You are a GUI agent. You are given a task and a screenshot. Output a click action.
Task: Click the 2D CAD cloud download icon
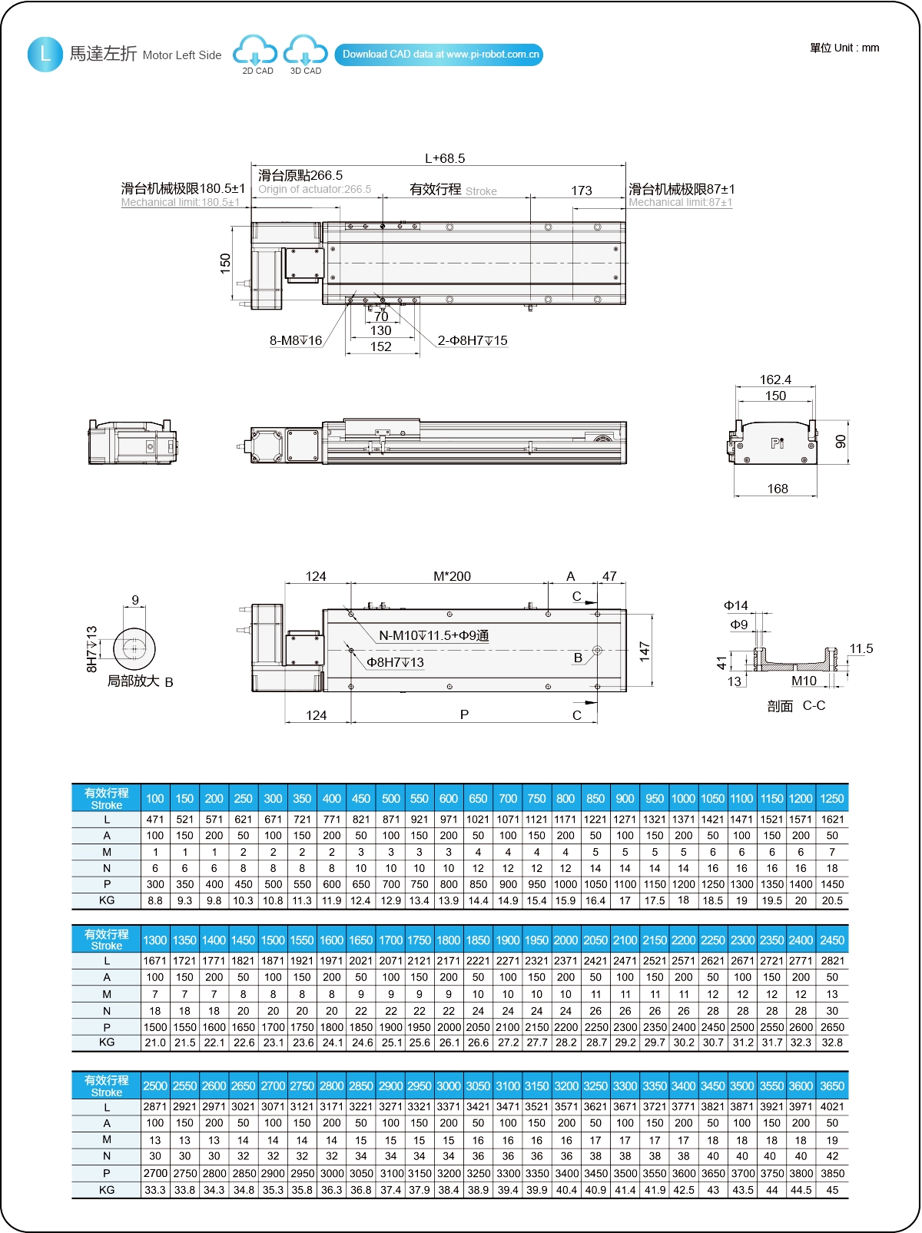pyautogui.click(x=255, y=51)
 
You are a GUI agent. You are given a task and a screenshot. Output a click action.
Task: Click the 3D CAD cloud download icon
pyautogui.click(x=305, y=51)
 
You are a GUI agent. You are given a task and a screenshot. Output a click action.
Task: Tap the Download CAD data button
pyautogui.click(x=439, y=55)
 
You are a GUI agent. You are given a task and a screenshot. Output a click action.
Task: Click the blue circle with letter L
pyautogui.click(x=45, y=55)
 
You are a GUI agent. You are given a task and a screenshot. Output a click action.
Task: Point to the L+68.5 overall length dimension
pyautogui.click(x=445, y=158)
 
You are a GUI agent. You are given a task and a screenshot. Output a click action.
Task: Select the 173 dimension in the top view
pyautogui.click(x=582, y=191)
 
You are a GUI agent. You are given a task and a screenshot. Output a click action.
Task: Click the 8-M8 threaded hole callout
pyautogui.click(x=296, y=340)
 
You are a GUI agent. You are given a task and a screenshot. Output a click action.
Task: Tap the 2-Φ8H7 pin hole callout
pyautogui.click(x=473, y=340)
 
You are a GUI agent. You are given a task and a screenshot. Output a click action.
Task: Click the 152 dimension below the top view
pyautogui.click(x=381, y=346)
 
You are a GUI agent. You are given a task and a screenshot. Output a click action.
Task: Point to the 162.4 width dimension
pyautogui.click(x=775, y=380)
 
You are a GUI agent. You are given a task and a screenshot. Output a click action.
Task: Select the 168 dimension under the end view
pyautogui.click(x=778, y=489)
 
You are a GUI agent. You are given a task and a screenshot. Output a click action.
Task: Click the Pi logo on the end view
pyautogui.click(x=778, y=443)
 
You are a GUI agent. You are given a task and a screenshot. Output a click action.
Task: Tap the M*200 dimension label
pyautogui.click(x=452, y=576)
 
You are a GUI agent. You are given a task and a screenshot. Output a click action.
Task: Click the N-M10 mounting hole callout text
pyautogui.click(x=434, y=635)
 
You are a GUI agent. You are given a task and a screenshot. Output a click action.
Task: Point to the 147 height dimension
pyautogui.click(x=644, y=651)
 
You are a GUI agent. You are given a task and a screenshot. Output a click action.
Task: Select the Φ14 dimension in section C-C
pyautogui.click(x=736, y=605)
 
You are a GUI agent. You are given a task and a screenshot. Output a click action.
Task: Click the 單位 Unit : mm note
pyautogui.click(x=844, y=48)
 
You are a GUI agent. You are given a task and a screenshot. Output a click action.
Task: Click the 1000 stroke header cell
pyautogui.click(x=683, y=798)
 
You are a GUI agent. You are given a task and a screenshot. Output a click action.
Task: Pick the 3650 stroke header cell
pyautogui.click(x=832, y=1086)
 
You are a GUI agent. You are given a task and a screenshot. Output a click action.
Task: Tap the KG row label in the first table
pyautogui.click(x=107, y=900)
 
